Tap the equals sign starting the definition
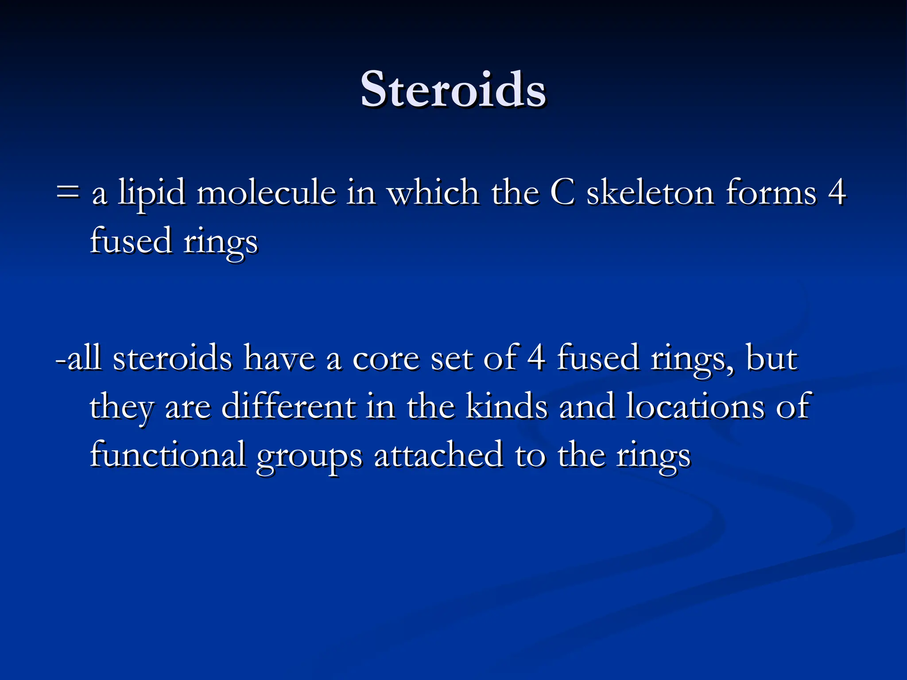68,193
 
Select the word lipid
151,194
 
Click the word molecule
266,193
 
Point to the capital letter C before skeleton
562,193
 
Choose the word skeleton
650,193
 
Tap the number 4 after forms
837,193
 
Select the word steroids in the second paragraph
172,358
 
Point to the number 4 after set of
536,358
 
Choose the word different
288,406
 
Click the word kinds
507,406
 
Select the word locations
695,406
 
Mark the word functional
168,455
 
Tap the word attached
438,455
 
